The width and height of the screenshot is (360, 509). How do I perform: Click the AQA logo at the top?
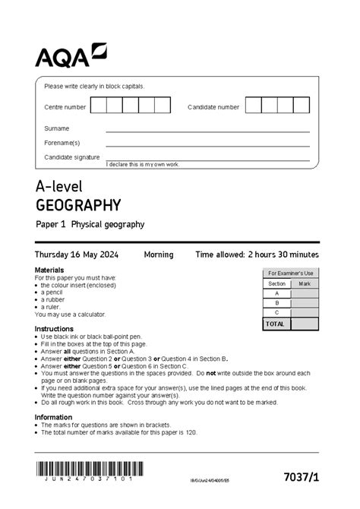71,56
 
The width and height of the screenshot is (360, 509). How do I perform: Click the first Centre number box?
99,106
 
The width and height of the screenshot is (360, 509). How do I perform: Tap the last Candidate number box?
302,106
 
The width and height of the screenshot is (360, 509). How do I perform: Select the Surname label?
56,128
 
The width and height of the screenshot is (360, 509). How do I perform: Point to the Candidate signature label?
71,156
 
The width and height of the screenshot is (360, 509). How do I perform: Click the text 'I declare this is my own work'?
142,165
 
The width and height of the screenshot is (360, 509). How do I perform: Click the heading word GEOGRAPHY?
78,205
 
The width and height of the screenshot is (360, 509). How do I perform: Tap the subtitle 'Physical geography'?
108,225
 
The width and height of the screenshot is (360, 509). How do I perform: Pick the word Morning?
159,254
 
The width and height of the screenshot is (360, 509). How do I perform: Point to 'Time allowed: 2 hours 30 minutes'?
257,254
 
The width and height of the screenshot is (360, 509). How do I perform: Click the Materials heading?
49,270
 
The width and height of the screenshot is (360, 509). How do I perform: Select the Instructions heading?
54,329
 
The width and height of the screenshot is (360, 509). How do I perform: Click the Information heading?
53,417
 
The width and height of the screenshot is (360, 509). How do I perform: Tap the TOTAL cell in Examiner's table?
276,324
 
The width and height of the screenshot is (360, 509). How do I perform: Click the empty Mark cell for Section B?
305,302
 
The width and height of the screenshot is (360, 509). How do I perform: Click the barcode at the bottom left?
84,469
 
